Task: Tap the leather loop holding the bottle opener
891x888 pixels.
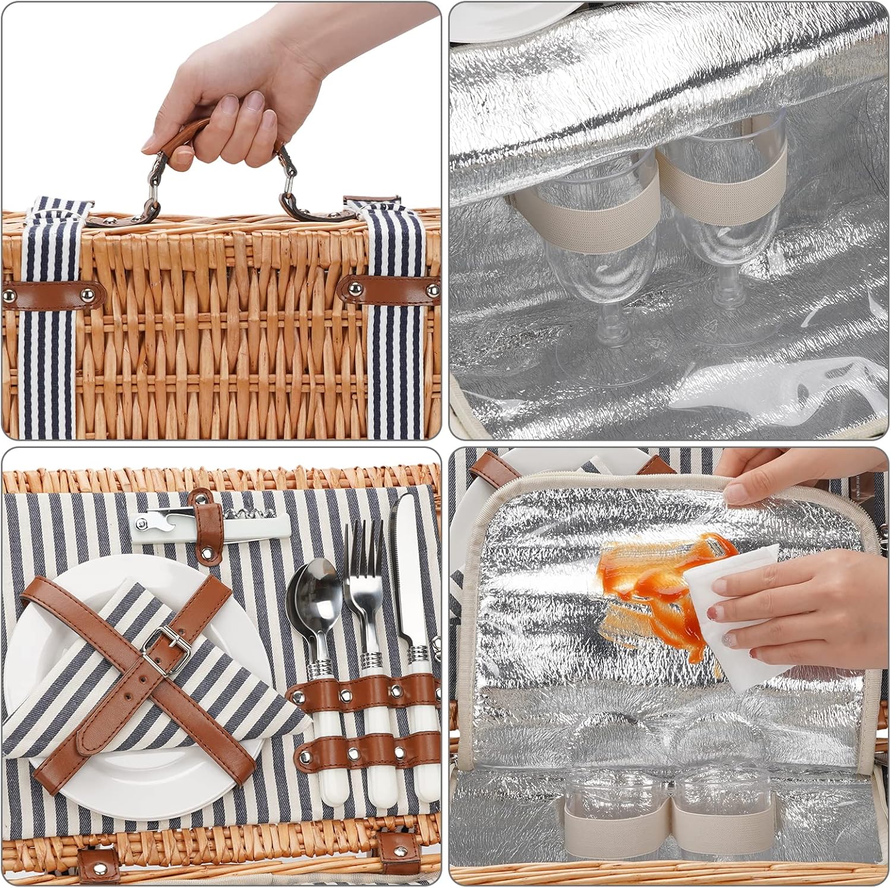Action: (x=204, y=523)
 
